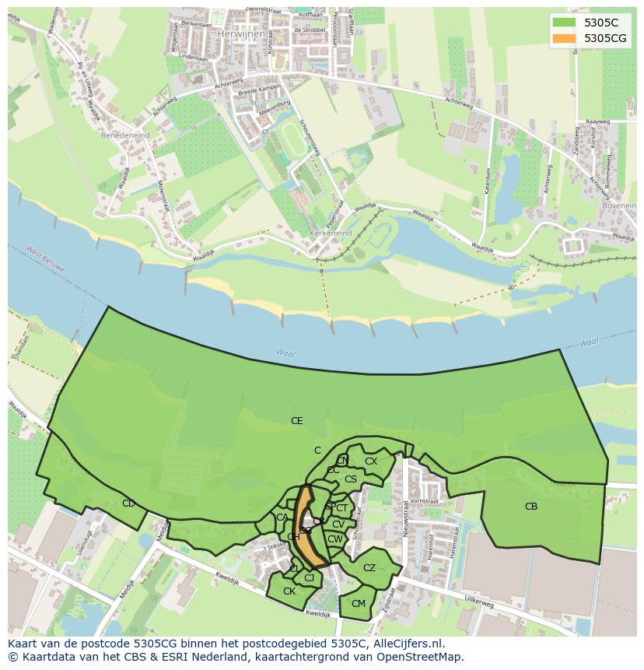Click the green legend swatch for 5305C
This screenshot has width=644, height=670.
[x=565, y=23]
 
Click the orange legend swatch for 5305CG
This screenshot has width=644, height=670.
[x=565, y=38]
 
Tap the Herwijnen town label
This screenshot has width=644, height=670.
[x=236, y=34]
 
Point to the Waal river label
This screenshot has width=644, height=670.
[x=285, y=353]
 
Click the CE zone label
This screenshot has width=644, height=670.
[x=296, y=421]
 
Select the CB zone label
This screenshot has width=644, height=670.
[x=531, y=507]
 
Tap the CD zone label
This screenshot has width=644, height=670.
[x=128, y=503]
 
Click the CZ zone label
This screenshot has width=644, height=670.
[x=369, y=568]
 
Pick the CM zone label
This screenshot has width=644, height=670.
[x=359, y=604]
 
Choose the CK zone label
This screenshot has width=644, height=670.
[x=289, y=591]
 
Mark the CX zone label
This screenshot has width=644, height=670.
[x=371, y=461]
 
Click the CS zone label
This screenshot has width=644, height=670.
[x=351, y=479]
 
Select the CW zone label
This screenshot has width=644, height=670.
[x=335, y=539]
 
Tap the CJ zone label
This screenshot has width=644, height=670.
[x=309, y=577]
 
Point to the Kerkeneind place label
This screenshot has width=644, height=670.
[x=331, y=233]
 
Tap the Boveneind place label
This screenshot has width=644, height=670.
[x=618, y=206]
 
